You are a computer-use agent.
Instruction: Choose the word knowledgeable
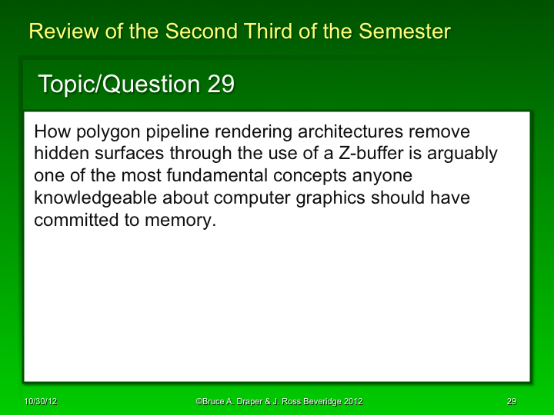97,198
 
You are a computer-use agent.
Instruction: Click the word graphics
332,198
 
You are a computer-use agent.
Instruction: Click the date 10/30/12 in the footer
40,402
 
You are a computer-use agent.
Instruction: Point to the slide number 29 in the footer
511,402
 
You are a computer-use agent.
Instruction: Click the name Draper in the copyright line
248,402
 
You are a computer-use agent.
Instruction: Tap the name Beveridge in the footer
317,402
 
